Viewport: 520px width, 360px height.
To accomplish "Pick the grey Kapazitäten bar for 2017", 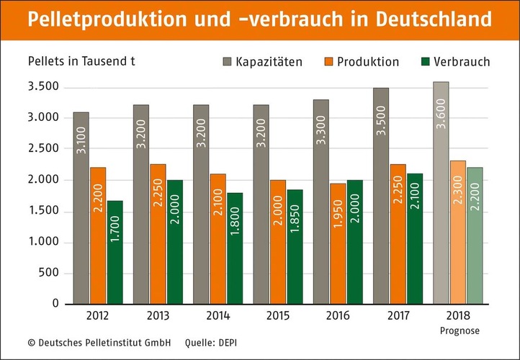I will click(x=380, y=195).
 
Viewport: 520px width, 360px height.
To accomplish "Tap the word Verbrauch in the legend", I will click(x=465, y=62).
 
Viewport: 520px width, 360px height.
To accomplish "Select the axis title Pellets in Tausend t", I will click(x=81, y=60).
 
